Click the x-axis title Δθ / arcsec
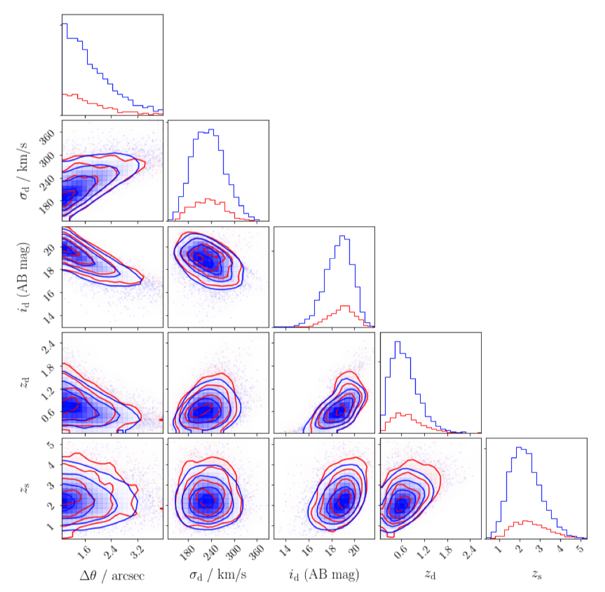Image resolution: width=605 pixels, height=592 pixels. tap(112, 575)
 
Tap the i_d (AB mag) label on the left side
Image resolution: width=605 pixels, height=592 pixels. tap(25, 276)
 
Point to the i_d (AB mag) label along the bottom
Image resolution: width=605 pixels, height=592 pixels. tap(324, 575)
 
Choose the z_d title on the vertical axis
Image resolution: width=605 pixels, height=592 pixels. tap(25, 382)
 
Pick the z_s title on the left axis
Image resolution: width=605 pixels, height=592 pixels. tap(25, 488)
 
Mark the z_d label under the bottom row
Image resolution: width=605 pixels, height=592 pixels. tap(430, 575)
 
